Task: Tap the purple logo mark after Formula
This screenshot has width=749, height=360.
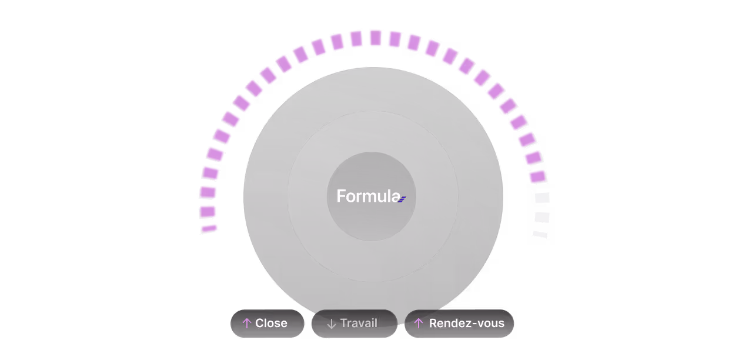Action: [402, 199]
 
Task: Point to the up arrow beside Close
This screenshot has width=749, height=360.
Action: [247, 324]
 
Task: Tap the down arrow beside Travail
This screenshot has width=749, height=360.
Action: [331, 324]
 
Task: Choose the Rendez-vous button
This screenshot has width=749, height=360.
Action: [459, 324]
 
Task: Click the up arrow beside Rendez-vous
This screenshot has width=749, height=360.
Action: [419, 324]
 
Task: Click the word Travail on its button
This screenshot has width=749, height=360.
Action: [359, 324]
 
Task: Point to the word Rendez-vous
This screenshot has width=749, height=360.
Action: [467, 324]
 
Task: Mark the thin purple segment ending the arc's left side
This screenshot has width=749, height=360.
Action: [209, 228]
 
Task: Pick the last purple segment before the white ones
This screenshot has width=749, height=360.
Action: [537, 176]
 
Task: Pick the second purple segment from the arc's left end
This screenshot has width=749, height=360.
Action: [208, 211]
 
